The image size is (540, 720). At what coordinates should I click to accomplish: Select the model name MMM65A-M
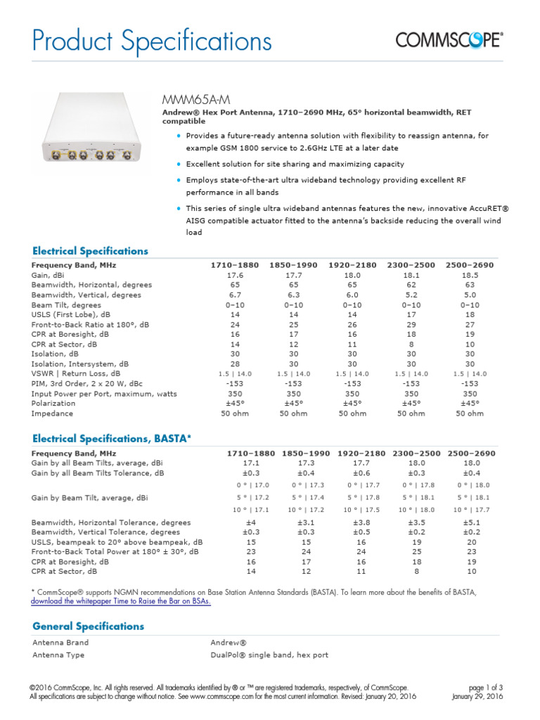186,99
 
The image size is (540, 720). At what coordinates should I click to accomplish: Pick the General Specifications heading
88,626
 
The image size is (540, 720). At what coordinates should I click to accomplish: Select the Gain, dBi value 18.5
470,276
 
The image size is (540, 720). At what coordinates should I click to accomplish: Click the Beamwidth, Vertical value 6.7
235,295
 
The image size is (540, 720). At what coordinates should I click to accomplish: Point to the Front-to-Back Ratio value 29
411,325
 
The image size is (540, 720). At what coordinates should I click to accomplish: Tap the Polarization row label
53,404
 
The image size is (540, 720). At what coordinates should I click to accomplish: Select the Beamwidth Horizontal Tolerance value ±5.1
470,522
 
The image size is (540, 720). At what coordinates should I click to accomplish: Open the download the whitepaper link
120,601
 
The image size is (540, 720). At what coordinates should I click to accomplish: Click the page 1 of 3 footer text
484,688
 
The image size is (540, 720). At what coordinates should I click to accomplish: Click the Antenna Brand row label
60,642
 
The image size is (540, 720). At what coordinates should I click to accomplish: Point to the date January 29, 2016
477,696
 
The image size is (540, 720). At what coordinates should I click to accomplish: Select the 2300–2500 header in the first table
411,265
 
